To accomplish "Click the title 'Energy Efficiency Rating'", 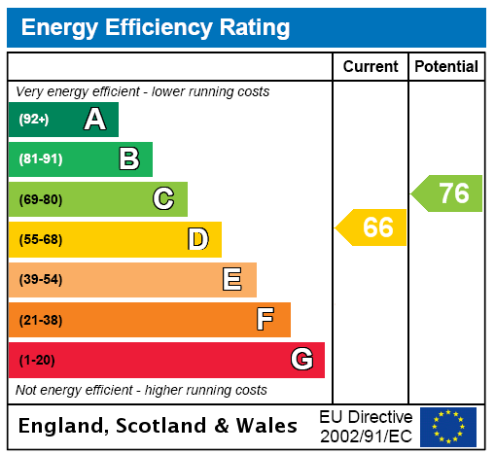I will (156, 28).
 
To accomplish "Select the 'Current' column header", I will (371, 67).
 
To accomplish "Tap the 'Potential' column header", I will (446, 67).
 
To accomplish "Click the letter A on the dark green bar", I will (94, 120).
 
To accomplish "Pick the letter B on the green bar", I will (128, 159).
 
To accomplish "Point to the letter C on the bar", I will (163, 199).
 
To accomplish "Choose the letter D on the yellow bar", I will (197, 239).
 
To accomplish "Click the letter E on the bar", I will (232, 280).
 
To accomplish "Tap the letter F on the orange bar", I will (265, 320).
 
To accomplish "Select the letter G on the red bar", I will (301, 360).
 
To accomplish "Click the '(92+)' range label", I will (34, 120).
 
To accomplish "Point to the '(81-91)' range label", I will (40, 159).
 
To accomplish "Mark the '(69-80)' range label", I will (40, 199).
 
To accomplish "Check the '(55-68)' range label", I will (40, 239).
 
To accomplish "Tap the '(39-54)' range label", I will (40, 280).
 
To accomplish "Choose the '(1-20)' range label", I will (37, 360).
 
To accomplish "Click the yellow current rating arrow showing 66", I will (372, 228).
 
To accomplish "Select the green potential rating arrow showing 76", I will (448, 192).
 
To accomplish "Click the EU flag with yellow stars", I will (448, 426).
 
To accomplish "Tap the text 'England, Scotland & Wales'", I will (159, 426).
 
